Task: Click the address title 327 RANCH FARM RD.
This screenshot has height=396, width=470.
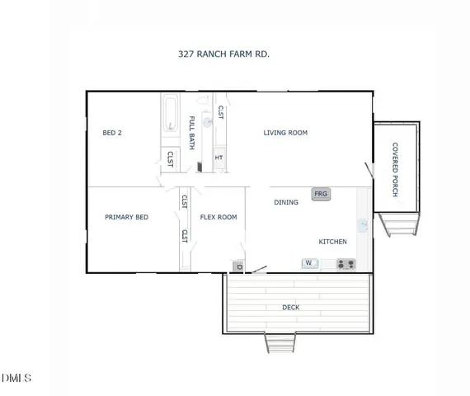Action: pos(224,54)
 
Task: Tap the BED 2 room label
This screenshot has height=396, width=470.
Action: pos(112,132)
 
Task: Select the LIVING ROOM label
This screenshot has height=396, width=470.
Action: pos(285,132)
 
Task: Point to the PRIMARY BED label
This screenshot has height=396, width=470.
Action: pos(126,217)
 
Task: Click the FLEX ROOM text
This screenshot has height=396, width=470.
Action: pos(219,217)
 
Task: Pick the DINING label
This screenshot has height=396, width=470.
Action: pos(286,202)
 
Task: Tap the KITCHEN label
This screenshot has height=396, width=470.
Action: pos(332,242)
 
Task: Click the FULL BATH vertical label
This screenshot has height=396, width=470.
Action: pos(192,132)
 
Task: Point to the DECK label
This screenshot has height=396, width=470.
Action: pos(291,308)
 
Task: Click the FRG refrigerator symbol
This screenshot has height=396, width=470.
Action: pos(321,194)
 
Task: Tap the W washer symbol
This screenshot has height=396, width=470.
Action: pos(310,264)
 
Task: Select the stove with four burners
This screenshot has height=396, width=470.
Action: pos(345,265)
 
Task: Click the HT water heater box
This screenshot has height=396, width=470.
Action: pos(219,158)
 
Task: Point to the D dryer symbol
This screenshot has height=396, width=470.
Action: pos(238,266)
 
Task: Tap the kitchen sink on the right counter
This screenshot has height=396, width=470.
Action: pos(363,224)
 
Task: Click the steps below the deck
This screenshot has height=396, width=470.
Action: pos(279,343)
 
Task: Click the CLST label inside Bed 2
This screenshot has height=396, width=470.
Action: pos(170,158)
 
